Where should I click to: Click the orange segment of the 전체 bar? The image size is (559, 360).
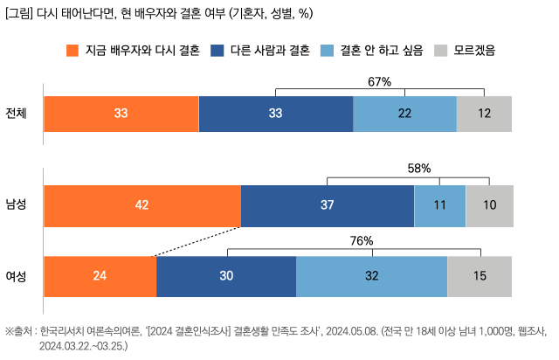[121, 114]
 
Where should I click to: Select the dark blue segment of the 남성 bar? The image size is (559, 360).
[327, 205]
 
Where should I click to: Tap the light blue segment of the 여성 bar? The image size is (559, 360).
[371, 276]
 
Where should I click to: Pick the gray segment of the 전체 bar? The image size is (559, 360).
[484, 114]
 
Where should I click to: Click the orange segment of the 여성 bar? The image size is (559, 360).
[100, 276]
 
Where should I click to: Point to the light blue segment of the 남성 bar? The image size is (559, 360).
[439, 205]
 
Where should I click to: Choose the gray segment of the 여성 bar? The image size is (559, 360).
[480, 276]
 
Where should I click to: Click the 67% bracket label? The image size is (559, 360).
[379, 82]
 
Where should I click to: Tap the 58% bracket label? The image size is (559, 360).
[420, 168]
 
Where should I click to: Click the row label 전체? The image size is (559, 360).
[17, 114]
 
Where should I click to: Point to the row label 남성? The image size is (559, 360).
[17, 205]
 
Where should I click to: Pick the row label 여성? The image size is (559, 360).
[17, 276]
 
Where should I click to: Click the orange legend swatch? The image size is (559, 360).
[72, 51]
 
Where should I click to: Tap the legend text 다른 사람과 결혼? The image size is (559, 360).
[269, 51]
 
